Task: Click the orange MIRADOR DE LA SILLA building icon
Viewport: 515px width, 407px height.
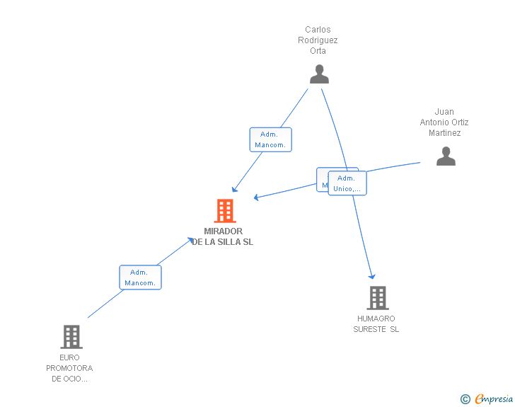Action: click(224, 211)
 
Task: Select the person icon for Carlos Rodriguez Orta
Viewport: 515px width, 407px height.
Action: click(319, 74)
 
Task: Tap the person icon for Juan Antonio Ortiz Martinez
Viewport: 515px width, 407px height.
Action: click(446, 156)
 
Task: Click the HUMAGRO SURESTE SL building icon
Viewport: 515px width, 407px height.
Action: click(377, 298)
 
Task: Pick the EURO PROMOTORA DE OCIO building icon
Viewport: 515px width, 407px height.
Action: click(71, 337)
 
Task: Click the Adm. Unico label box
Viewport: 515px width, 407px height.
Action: click(347, 183)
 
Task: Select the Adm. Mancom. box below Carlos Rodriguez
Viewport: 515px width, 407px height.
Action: click(270, 139)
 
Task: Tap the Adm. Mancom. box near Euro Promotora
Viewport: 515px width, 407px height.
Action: click(140, 277)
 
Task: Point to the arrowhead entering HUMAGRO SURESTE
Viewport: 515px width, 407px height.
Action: click(371, 276)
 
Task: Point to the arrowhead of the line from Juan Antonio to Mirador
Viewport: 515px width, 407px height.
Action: click(256, 197)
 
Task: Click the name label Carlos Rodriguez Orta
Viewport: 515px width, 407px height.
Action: click(318, 40)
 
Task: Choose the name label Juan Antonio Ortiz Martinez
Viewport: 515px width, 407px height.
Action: click(444, 122)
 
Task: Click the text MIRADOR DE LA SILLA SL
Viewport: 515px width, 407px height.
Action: click(223, 236)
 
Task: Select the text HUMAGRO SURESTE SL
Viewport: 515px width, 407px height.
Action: click(376, 324)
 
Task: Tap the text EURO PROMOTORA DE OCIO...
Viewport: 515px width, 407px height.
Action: click(69, 368)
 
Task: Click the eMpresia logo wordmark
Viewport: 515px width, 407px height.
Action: click(493, 399)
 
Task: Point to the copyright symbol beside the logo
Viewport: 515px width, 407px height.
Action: click(465, 399)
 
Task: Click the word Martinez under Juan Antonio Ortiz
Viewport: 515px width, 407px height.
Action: click(444, 133)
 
